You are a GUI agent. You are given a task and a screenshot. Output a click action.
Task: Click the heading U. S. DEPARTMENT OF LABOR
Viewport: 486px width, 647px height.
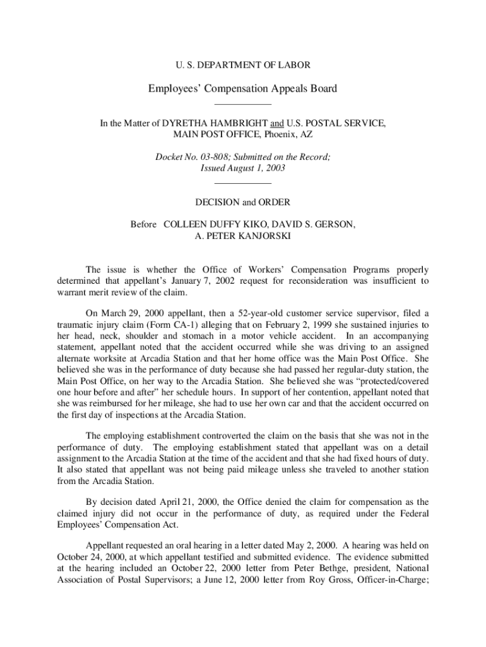point(242,64)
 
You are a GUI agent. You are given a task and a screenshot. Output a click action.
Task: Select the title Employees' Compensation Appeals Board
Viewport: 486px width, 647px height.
point(243,88)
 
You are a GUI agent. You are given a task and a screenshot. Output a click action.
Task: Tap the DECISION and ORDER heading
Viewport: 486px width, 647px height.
point(243,202)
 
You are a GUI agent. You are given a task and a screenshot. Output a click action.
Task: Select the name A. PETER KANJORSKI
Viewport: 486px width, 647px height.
point(243,236)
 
